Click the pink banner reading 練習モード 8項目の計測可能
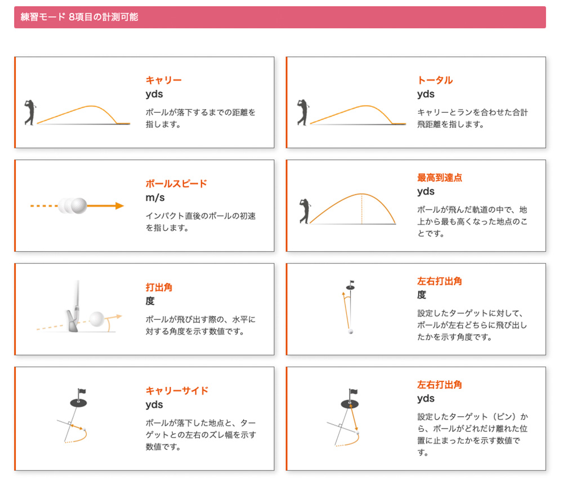[x=280, y=17]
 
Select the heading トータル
[x=435, y=80]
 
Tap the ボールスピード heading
[x=176, y=184]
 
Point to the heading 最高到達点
[x=440, y=177]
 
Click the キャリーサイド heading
[x=177, y=390]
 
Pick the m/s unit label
[x=155, y=198]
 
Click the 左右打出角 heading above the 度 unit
[x=440, y=281]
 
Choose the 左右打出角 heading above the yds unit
[x=440, y=384]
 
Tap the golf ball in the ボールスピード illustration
[x=79, y=206]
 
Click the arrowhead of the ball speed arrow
[x=120, y=206]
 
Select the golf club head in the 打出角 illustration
[x=72, y=320]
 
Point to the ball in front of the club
[x=97, y=319]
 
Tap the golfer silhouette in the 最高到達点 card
[x=305, y=211]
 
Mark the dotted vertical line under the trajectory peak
[x=361, y=209]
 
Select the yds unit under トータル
[x=426, y=94]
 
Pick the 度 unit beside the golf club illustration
[x=150, y=301]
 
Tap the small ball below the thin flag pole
[x=351, y=332]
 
